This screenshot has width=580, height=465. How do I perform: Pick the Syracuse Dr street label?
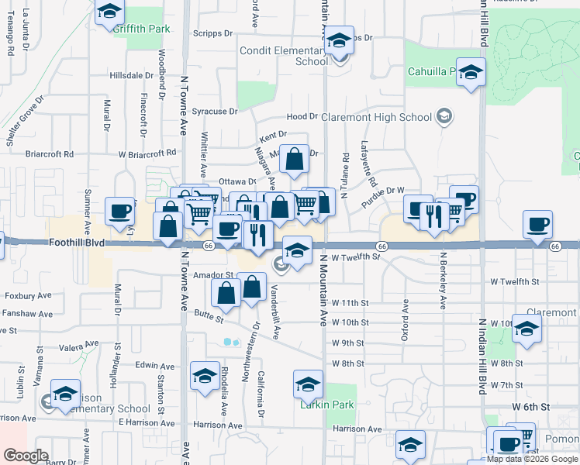[x=215, y=112]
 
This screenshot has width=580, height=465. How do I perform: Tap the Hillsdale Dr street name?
[x=132, y=76]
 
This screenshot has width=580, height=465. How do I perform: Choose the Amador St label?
[x=213, y=275]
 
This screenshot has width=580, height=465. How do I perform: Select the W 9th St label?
[x=348, y=343]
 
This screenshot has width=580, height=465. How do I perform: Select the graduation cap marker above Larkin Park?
[x=308, y=384]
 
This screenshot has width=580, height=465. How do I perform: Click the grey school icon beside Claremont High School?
[x=445, y=117]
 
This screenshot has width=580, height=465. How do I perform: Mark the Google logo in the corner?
[x=26, y=455]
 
